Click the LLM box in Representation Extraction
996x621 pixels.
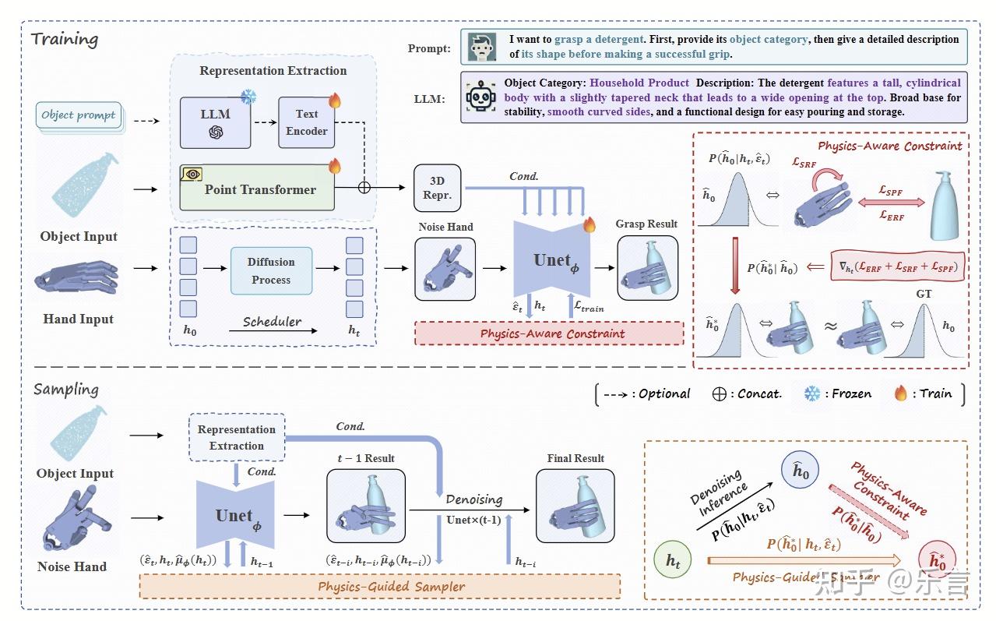[x=215, y=122]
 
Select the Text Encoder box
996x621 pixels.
[x=306, y=122]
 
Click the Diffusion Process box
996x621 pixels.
[x=271, y=271]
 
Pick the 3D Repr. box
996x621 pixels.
[x=437, y=188]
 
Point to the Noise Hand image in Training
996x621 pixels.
[x=445, y=269]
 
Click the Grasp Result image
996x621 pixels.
[x=647, y=269]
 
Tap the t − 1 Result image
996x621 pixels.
[x=365, y=505]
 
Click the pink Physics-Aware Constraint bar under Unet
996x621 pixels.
[x=549, y=333]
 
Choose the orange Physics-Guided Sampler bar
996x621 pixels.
[x=379, y=586]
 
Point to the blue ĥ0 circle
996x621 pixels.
[x=801, y=472]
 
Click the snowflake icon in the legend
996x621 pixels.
[x=812, y=393]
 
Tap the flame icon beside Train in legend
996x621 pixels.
[x=901, y=393]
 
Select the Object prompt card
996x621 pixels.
[x=79, y=116]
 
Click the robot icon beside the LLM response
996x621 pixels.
[x=480, y=97]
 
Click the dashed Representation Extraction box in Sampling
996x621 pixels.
[x=237, y=437]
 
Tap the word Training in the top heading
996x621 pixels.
[x=65, y=39]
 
